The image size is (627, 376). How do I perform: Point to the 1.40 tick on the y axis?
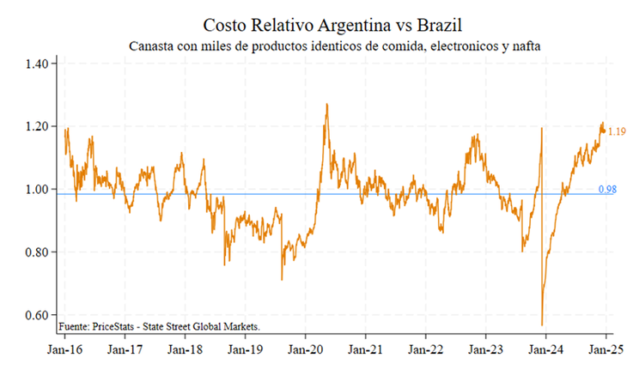[x=40, y=64]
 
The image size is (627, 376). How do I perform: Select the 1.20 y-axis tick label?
[x=40, y=126]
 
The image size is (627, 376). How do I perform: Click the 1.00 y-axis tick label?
[x=40, y=189]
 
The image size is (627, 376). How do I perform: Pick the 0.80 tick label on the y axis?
[x=40, y=252]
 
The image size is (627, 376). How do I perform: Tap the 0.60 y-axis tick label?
[x=40, y=315]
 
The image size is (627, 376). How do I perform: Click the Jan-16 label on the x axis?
[x=64, y=350]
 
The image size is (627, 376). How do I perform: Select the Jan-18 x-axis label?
[x=185, y=350]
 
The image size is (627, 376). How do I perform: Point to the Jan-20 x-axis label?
[x=305, y=350]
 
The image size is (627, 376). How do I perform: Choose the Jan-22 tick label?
[x=425, y=350]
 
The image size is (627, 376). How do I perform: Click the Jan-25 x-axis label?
[x=605, y=350]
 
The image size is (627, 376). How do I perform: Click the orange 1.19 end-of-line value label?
[x=615, y=132]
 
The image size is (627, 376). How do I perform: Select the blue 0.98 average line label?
[x=606, y=189]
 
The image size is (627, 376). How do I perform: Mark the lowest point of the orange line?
[x=542, y=325]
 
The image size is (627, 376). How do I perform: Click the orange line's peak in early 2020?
[x=326, y=105]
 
